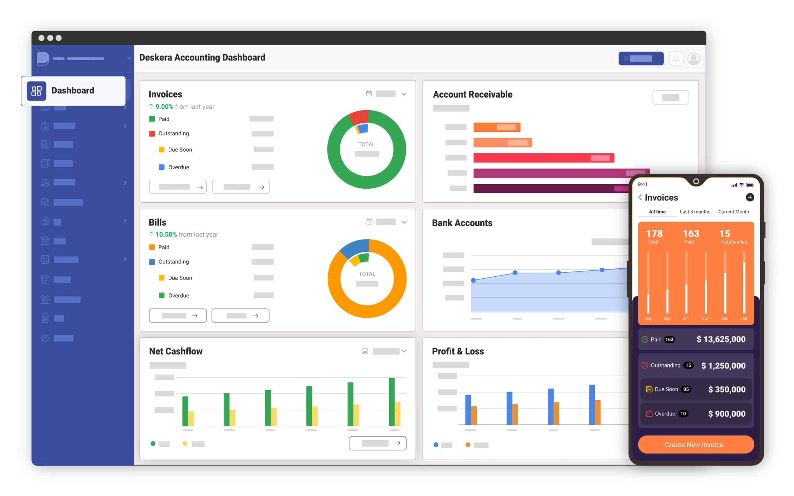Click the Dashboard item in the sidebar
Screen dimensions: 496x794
(x=73, y=90)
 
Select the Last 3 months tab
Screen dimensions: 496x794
(x=694, y=212)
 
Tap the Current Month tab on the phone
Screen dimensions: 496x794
(x=733, y=212)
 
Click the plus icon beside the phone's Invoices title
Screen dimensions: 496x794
(x=749, y=197)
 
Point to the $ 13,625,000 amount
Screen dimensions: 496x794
(x=721, y=339)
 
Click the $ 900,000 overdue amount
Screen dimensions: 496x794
(x=726, y=414)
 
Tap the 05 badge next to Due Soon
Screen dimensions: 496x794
(x=686, y=389)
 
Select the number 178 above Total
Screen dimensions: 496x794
(x=654, y=234)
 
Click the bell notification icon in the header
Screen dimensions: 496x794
(x=676, y=59)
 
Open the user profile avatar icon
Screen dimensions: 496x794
(x=693, y=59)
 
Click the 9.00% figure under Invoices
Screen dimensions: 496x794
(x=164, y=107)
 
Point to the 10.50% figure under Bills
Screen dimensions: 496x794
(x=166, y=235)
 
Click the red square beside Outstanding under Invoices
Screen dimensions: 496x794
(x=152, y=134)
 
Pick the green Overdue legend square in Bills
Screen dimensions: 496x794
(x=162, y=296)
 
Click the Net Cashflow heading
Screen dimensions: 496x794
(x=176, y=351)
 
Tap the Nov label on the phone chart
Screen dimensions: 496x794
(x=705, y=318)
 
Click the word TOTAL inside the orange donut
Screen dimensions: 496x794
(x=367, y=274)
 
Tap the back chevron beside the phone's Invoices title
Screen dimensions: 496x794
(x=640, y=197)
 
